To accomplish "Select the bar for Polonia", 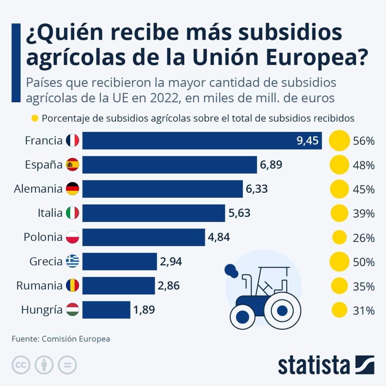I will click(x=144, y=237).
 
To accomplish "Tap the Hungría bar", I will click(x=106, y=309).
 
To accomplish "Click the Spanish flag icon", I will click(x=72, y=165).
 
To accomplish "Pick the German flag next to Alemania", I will click(x=72, y=189).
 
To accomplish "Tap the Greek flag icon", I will click(x=72, y=261).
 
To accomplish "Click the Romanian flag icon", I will click(x=72, y=285).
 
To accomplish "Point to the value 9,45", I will click(x=308, y=141).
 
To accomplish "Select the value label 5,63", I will click(x=239, y=213).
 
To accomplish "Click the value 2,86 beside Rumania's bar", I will click(x=168, y=285).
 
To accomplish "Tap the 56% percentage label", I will click(x=364, y=141).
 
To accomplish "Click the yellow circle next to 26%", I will click(x=339, y=237).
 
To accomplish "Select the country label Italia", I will click(x=50, y=213).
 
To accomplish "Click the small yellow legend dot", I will click(x=35, y=118).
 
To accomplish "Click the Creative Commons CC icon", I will click(x=21, y=365).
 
